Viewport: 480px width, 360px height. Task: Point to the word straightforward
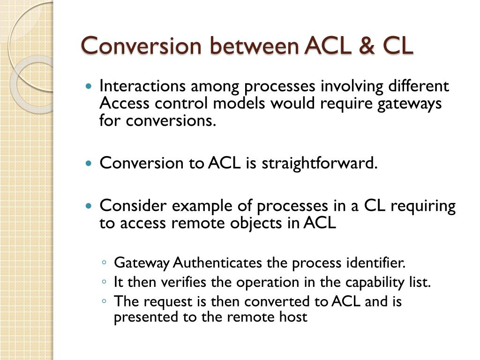[x=319, y=163]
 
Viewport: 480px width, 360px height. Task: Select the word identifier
[x=375, y=263]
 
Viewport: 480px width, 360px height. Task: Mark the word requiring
[x=424, y=206]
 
